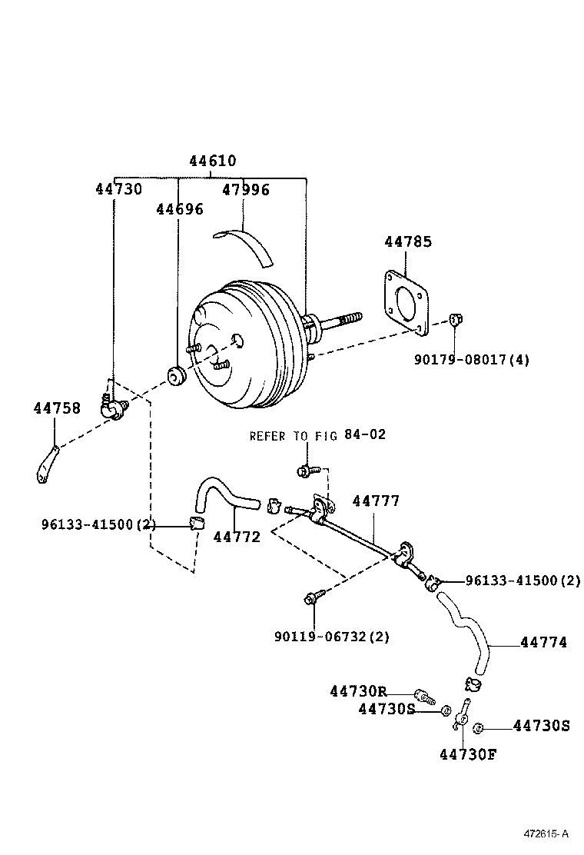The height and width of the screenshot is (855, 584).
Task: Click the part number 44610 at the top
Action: (213, 161)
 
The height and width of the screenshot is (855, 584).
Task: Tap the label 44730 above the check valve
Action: (118, 188)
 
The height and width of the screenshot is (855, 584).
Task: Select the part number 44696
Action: (180, 209)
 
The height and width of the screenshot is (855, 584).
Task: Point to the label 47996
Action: (246, 190)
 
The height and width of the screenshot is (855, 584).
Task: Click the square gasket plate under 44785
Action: (404, 301)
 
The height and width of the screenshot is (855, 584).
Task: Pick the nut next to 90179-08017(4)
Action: (454, 319)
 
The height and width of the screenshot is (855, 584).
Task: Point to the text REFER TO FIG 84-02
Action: (317, 435)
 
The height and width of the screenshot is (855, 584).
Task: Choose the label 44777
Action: (376, 501)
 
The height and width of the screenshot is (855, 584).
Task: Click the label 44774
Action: (543, 642)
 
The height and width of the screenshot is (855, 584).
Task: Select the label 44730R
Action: (358, 691)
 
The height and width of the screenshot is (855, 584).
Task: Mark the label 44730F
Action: (468, 754)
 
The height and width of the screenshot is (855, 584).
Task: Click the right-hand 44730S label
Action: (541, 725)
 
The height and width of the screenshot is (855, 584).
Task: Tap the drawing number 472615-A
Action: (546, 833)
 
